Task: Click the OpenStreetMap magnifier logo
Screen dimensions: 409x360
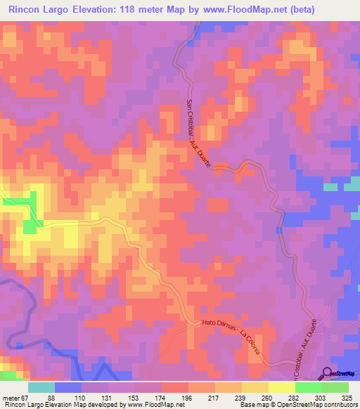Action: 328,374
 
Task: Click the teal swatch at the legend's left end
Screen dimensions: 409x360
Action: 41,387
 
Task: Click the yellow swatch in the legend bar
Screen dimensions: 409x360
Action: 282,387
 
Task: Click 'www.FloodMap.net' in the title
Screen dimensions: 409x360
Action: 239,9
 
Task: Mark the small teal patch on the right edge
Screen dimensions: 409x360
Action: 331,188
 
